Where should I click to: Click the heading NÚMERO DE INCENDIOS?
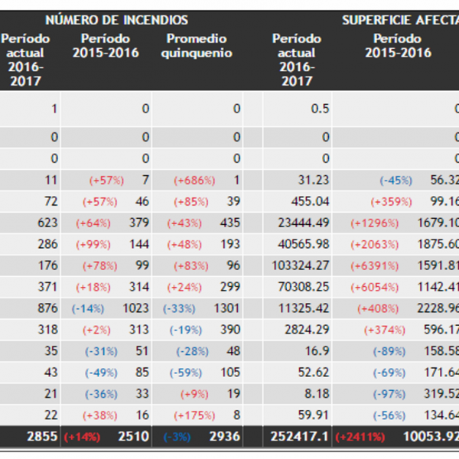pyautogui.click(x=116, y=20)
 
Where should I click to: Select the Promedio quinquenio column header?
pyautogui.click(x=197, y=46)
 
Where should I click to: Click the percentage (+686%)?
pyautogui.click(x=194, y=180)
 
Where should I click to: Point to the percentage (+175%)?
pyautogui.click(x=194, y=415)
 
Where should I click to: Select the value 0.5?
pyautogui.click(x=320, y=109)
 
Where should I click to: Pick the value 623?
pyautogui.click(x=47, y=223)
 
